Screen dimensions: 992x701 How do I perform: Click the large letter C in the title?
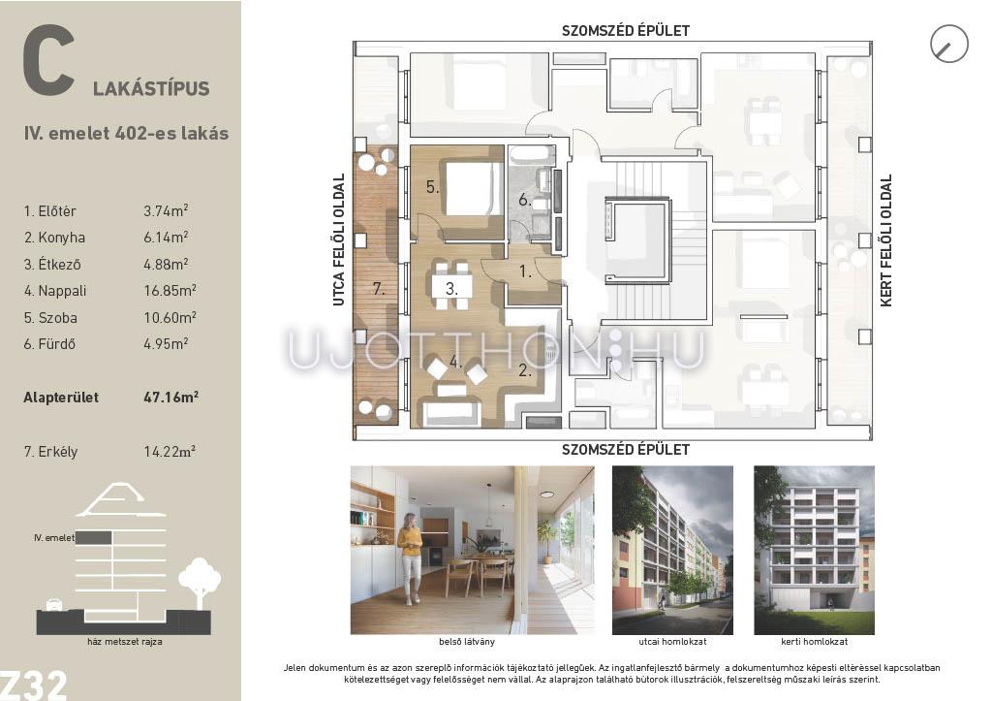pos(48,60)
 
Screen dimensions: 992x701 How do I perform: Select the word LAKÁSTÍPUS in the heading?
pos(151,88)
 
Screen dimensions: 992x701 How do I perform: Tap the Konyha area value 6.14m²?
pos(166,237)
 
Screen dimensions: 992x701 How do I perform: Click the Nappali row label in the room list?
pos(55,291)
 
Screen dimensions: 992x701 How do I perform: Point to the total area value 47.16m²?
pos(170,398)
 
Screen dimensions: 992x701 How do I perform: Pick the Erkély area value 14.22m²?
pos(169,452)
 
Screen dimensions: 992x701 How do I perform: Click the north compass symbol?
pos(949,44)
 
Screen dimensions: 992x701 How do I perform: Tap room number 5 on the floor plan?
pos(432,187)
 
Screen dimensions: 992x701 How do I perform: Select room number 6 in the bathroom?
pos(524,200)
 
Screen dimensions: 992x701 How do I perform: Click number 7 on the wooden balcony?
pos(379,289)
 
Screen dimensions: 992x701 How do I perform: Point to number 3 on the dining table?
pos(451,289)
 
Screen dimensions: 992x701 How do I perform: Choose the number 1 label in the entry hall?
pos(525,271)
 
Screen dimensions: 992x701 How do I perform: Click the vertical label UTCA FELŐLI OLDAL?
pos(339,240)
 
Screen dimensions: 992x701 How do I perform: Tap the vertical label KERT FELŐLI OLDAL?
pos(886,240)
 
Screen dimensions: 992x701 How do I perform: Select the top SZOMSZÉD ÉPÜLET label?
pos(626,30)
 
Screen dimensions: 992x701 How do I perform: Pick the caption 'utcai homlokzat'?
pos(672,642)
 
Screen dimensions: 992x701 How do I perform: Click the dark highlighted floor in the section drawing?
pos(94,537)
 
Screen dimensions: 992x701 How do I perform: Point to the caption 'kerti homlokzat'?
pos(814,642)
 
